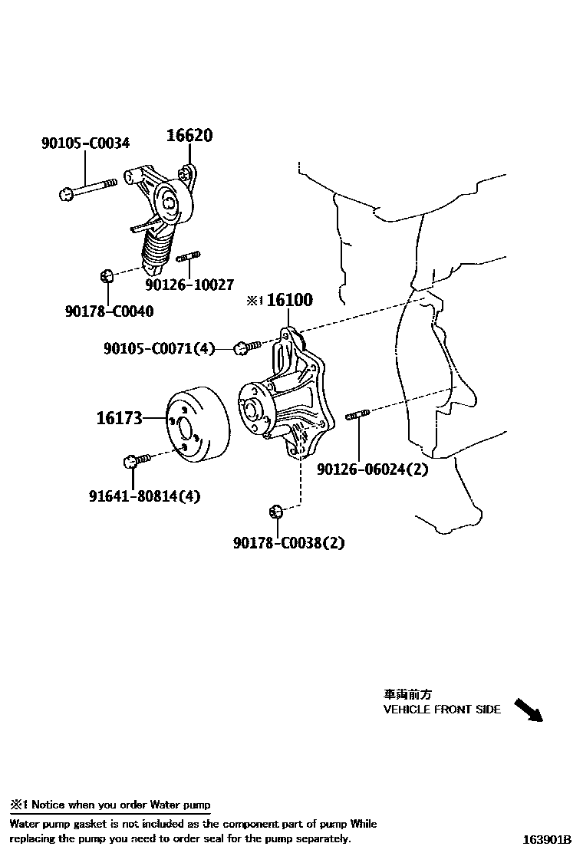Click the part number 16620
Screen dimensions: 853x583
point(189,136)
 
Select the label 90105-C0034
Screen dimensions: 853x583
point(85,143)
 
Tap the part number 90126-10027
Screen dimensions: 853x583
point(189,285)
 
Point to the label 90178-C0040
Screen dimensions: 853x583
point(109,311)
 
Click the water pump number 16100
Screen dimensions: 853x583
point(288,300)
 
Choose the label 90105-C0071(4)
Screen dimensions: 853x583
point(159,349)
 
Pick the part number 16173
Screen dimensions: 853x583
point(119,418)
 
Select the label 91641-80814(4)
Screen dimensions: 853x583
point(143,496)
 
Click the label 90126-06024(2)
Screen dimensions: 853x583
point(373,469)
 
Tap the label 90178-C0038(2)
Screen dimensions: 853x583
point(289,543)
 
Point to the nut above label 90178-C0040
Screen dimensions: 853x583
point(108,275)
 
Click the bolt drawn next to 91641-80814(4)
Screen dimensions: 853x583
point(138,459)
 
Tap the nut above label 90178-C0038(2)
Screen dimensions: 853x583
point(277,511)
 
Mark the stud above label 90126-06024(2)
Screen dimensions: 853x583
point(357,416)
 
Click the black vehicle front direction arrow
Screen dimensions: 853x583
point(527,710)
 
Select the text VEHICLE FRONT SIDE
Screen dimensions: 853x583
point(442,710)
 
